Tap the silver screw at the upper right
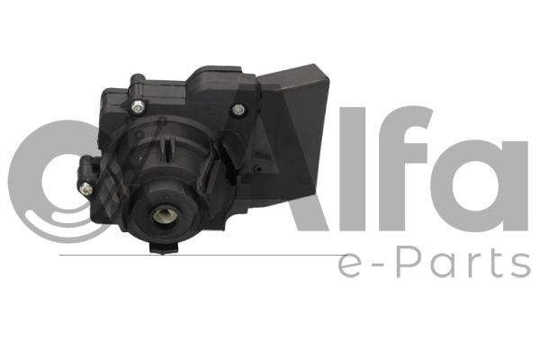click(x=238, y=110)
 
